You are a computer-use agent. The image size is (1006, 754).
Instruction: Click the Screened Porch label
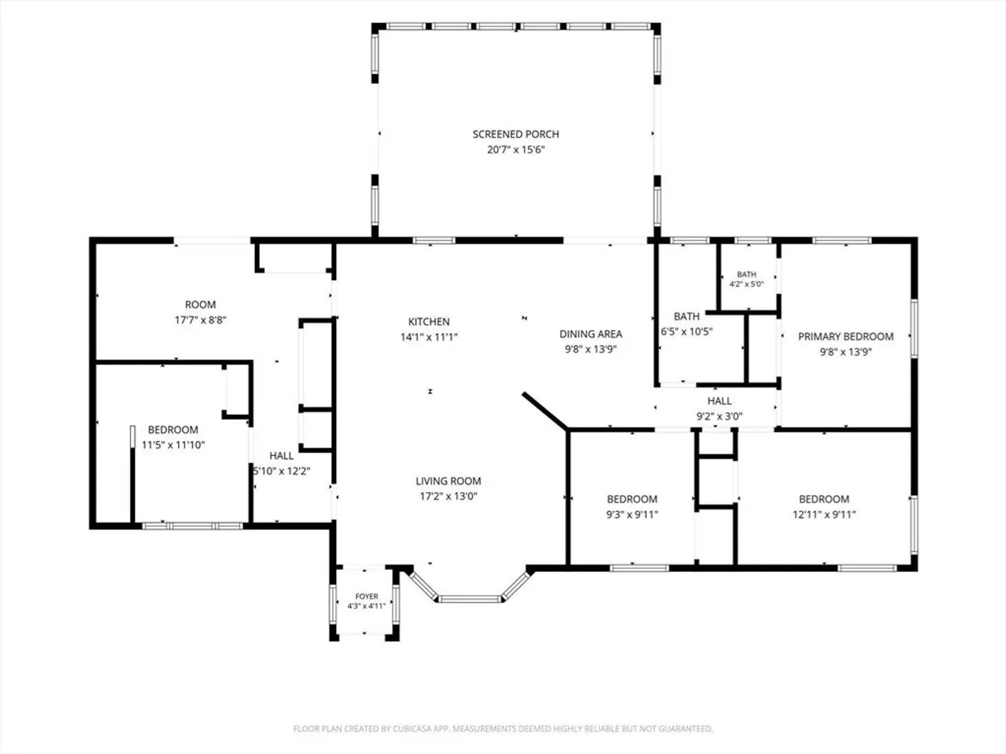tap(516, 134)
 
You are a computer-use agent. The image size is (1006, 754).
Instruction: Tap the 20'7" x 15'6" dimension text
tap(516, 149)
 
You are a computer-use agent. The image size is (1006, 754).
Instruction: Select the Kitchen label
tap(429, 322)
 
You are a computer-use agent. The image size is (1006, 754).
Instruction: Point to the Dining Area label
tap(591, 334)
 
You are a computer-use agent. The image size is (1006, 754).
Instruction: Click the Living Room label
tap(449, 481)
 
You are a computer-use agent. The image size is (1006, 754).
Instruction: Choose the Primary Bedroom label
tap(845, 337)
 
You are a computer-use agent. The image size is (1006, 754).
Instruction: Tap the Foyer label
tap(367, 596)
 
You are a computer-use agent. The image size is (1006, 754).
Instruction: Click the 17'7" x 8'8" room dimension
tap(201, 320)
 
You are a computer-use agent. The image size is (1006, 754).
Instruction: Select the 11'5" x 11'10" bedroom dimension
tap(173, 445)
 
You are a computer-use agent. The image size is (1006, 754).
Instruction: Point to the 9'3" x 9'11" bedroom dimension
tap(632, 515)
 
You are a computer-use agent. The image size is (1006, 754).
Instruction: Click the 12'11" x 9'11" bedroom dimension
tap(824, 515)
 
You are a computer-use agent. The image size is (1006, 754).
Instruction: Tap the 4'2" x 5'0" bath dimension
tap(747, 284)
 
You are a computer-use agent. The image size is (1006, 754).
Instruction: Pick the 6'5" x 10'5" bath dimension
tap(687, 332)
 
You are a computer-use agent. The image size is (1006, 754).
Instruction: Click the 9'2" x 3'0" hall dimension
tap(719, 416)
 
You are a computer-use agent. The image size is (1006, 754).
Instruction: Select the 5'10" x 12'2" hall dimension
tap(282, 471)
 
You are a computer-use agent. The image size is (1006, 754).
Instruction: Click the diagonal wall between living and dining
tap(546, 411)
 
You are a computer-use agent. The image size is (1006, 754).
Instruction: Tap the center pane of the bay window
tap(469, 599)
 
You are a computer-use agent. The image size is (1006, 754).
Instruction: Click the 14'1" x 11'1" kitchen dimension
tap(429, 337)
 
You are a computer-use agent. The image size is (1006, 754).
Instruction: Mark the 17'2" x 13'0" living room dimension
tap(449, 496)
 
